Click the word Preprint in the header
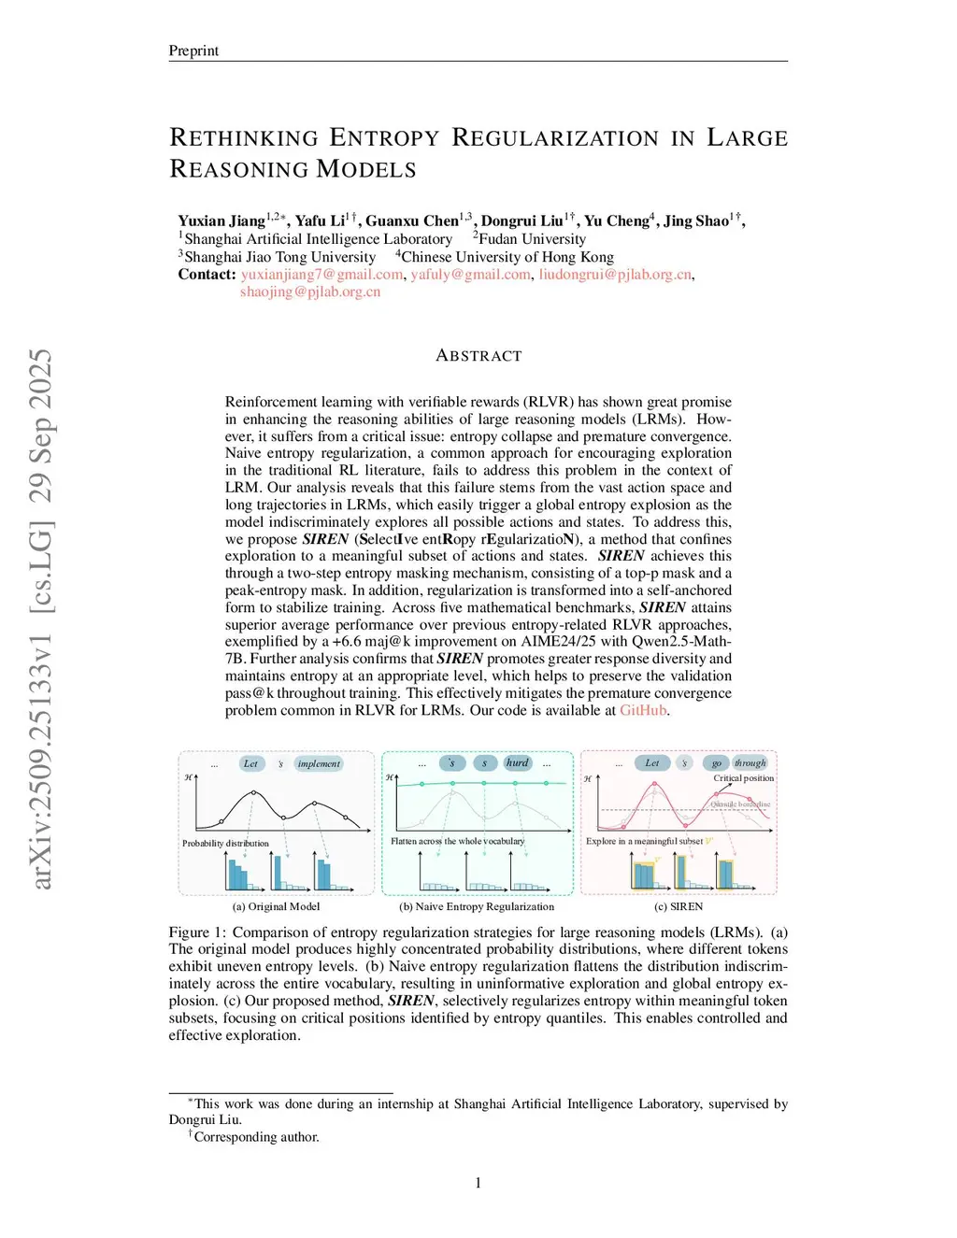[x=193, y=50]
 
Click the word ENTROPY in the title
[x=384, y=138]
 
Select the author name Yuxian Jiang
[x=221, y=221]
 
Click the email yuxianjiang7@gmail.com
[x=321, y=275]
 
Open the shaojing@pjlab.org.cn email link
[x=310, y=292]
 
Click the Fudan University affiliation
[x=532, y=239]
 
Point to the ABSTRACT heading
[x=478, y=356]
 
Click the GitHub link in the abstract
[x=643, y=710]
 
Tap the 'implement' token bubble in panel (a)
[x=319, y=763]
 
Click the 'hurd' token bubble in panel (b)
[x=517, y=762]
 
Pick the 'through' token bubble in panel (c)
[x=750, y=762]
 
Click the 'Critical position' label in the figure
[x=743, y=778]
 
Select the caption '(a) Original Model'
[x=276, y=906]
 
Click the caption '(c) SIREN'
[x=678, y=906]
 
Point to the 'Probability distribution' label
[x=225, y=843]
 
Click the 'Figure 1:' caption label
[x=197, y=932]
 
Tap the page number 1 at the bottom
[x=478, y=1183]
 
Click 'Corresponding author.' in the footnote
[x=257, y=1137]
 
